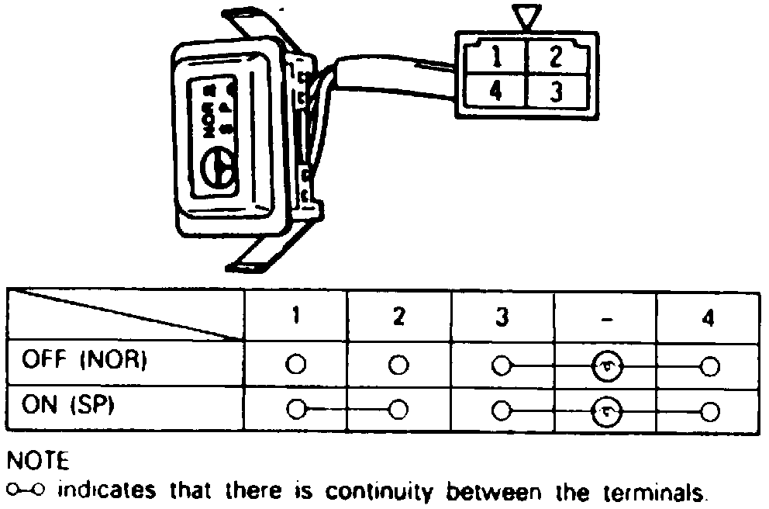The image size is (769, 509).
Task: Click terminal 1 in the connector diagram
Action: (495, 57)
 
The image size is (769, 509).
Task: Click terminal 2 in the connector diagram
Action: (555, 57)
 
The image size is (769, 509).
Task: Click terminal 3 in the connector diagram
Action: (555, 92)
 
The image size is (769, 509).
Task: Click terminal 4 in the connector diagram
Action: (495, 92)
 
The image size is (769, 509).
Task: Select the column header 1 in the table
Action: (296, 317)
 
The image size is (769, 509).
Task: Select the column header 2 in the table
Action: (398, 317)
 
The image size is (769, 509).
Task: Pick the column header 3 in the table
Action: (502, 317)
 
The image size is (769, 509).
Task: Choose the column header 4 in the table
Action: (707, 317)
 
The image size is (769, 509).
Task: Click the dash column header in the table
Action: (605, 318)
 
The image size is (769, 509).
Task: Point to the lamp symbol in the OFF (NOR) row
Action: (605, 365)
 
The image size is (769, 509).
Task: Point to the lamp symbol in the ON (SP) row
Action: (605, 410)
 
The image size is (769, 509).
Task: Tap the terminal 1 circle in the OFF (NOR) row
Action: (296, 365)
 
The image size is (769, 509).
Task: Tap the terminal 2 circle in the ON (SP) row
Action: (398, 410)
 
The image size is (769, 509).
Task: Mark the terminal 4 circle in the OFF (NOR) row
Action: (707, 365)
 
